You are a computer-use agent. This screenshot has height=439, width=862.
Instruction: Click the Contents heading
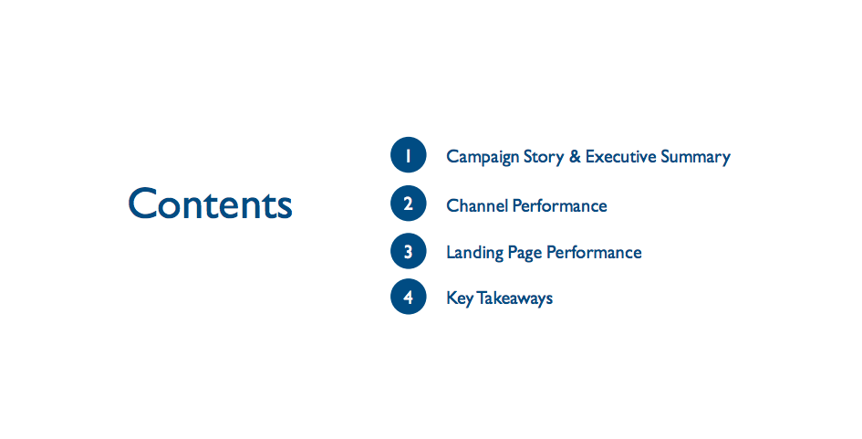(210, 204)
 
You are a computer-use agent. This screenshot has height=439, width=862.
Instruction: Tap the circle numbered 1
(409, 155)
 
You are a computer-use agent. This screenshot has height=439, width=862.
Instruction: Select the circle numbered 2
(409, 204)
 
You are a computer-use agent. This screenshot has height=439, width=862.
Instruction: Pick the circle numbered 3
(409, 251)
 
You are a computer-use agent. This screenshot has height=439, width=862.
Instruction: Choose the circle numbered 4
(409, 297)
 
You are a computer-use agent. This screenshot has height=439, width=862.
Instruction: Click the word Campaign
(483, 157)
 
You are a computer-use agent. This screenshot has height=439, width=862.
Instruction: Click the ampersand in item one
(575, 156)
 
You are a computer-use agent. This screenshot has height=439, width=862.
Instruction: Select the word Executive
(620, 156)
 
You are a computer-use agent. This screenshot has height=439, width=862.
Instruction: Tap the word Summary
(695, 157)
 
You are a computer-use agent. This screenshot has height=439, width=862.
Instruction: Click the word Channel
(477, 205)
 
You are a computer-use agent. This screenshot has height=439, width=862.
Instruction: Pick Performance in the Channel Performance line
(560, 205)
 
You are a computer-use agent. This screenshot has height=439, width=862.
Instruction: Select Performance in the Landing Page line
(594, 252)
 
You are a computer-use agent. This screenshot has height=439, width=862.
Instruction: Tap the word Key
(460, 298)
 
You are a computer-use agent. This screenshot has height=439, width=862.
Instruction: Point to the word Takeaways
(514, 298)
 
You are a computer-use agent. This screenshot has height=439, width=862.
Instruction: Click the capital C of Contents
(142, 204)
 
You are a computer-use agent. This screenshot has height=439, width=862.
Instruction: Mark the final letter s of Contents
(285, 208)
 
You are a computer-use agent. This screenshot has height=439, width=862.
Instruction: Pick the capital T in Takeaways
(482, 298)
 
